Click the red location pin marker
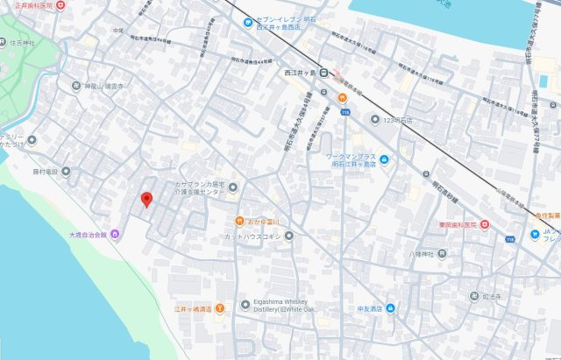[146, 200]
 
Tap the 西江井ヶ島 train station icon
[323, 73]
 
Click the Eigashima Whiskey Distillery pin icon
[245, 304]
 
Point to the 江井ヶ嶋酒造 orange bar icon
[219, 308]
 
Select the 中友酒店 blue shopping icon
[390, 308]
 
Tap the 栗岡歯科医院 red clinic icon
[485, 226]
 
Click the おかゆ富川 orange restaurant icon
[238, 221]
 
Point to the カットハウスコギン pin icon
[288, 235]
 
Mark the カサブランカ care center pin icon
[233, 186]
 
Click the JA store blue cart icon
[534, 233]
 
